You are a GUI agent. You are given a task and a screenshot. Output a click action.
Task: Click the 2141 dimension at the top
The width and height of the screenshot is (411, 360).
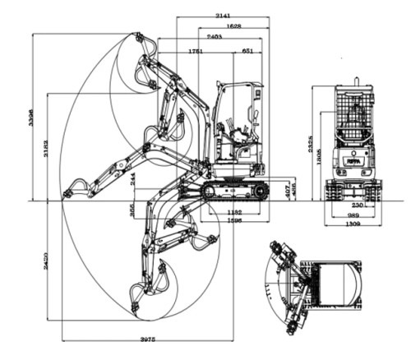222,16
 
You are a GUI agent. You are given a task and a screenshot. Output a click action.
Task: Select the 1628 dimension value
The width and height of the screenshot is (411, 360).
233,26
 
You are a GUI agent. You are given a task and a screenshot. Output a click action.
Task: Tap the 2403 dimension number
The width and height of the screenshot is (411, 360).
215,37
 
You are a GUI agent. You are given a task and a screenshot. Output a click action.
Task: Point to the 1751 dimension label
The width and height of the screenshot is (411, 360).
196,51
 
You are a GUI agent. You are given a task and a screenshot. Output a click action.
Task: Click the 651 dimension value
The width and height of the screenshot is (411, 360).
247,51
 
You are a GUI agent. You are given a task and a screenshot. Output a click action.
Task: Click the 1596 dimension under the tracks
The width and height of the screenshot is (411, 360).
234,220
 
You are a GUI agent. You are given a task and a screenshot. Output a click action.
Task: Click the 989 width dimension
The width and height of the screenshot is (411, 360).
353,214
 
